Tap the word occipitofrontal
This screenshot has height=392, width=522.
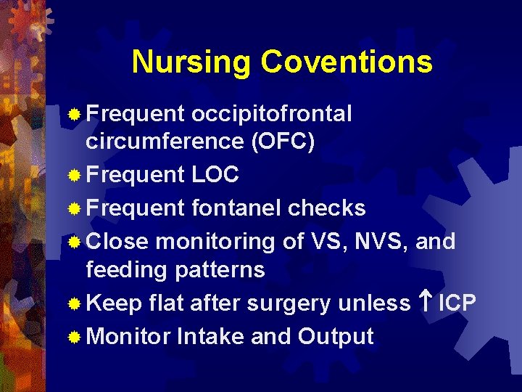[272, 114]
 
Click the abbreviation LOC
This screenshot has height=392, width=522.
[215, 175]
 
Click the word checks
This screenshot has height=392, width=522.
[326, 208]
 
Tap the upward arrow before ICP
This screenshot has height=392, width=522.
[426, 303]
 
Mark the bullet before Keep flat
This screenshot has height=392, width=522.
[74, 304]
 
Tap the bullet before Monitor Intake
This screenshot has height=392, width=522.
[74, 338]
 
